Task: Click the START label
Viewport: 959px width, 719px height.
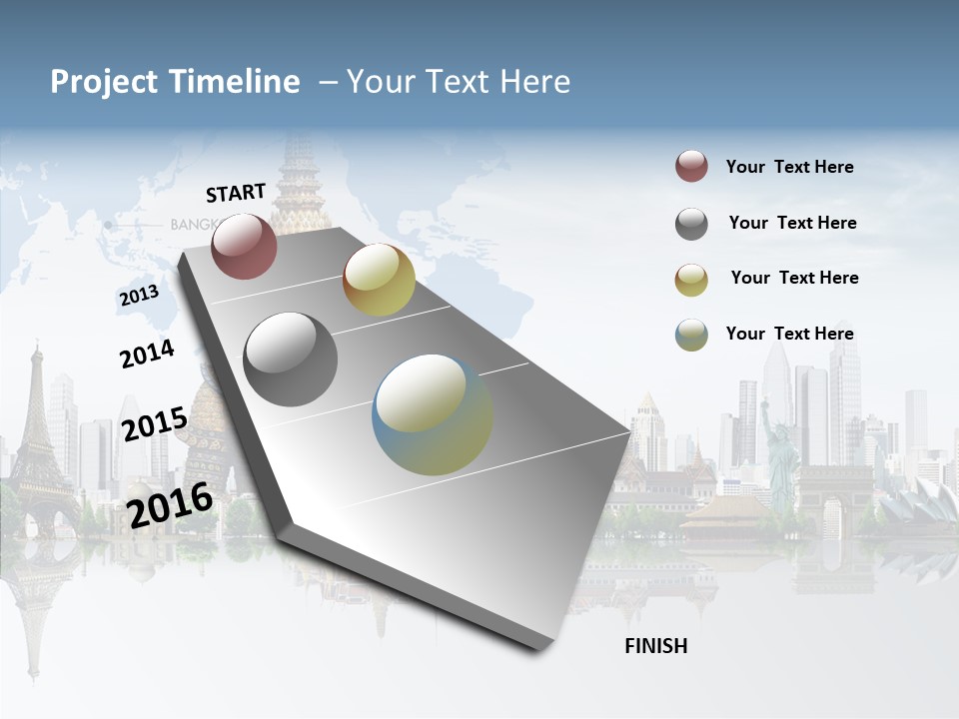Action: pos(236,193)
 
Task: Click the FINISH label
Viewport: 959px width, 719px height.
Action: pos(656,646)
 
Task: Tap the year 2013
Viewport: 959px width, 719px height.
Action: pos(139,296)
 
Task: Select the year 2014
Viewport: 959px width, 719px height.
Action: pos(147,355)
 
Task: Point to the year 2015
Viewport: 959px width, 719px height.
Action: pos(154,424)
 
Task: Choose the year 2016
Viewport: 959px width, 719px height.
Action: pos(170,504)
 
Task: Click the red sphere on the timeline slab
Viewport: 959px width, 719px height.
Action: pos(244,246)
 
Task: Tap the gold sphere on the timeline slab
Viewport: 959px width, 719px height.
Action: pos(379,280)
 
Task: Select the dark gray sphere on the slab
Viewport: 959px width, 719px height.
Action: pos(291,359)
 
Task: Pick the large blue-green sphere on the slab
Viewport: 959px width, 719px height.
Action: pos(433,414)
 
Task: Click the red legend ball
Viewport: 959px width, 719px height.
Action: pos(691,167)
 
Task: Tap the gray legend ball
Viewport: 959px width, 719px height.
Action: pos(691,224)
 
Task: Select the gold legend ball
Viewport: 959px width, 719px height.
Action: pos(691,280)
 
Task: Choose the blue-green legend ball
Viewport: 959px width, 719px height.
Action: pos(691,335)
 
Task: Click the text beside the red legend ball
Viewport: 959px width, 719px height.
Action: pos(789,167)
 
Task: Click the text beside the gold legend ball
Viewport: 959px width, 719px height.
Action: pos(794,278)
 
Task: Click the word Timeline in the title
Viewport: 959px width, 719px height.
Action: pos(236,82)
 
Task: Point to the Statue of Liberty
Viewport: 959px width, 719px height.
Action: pos(779,444)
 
